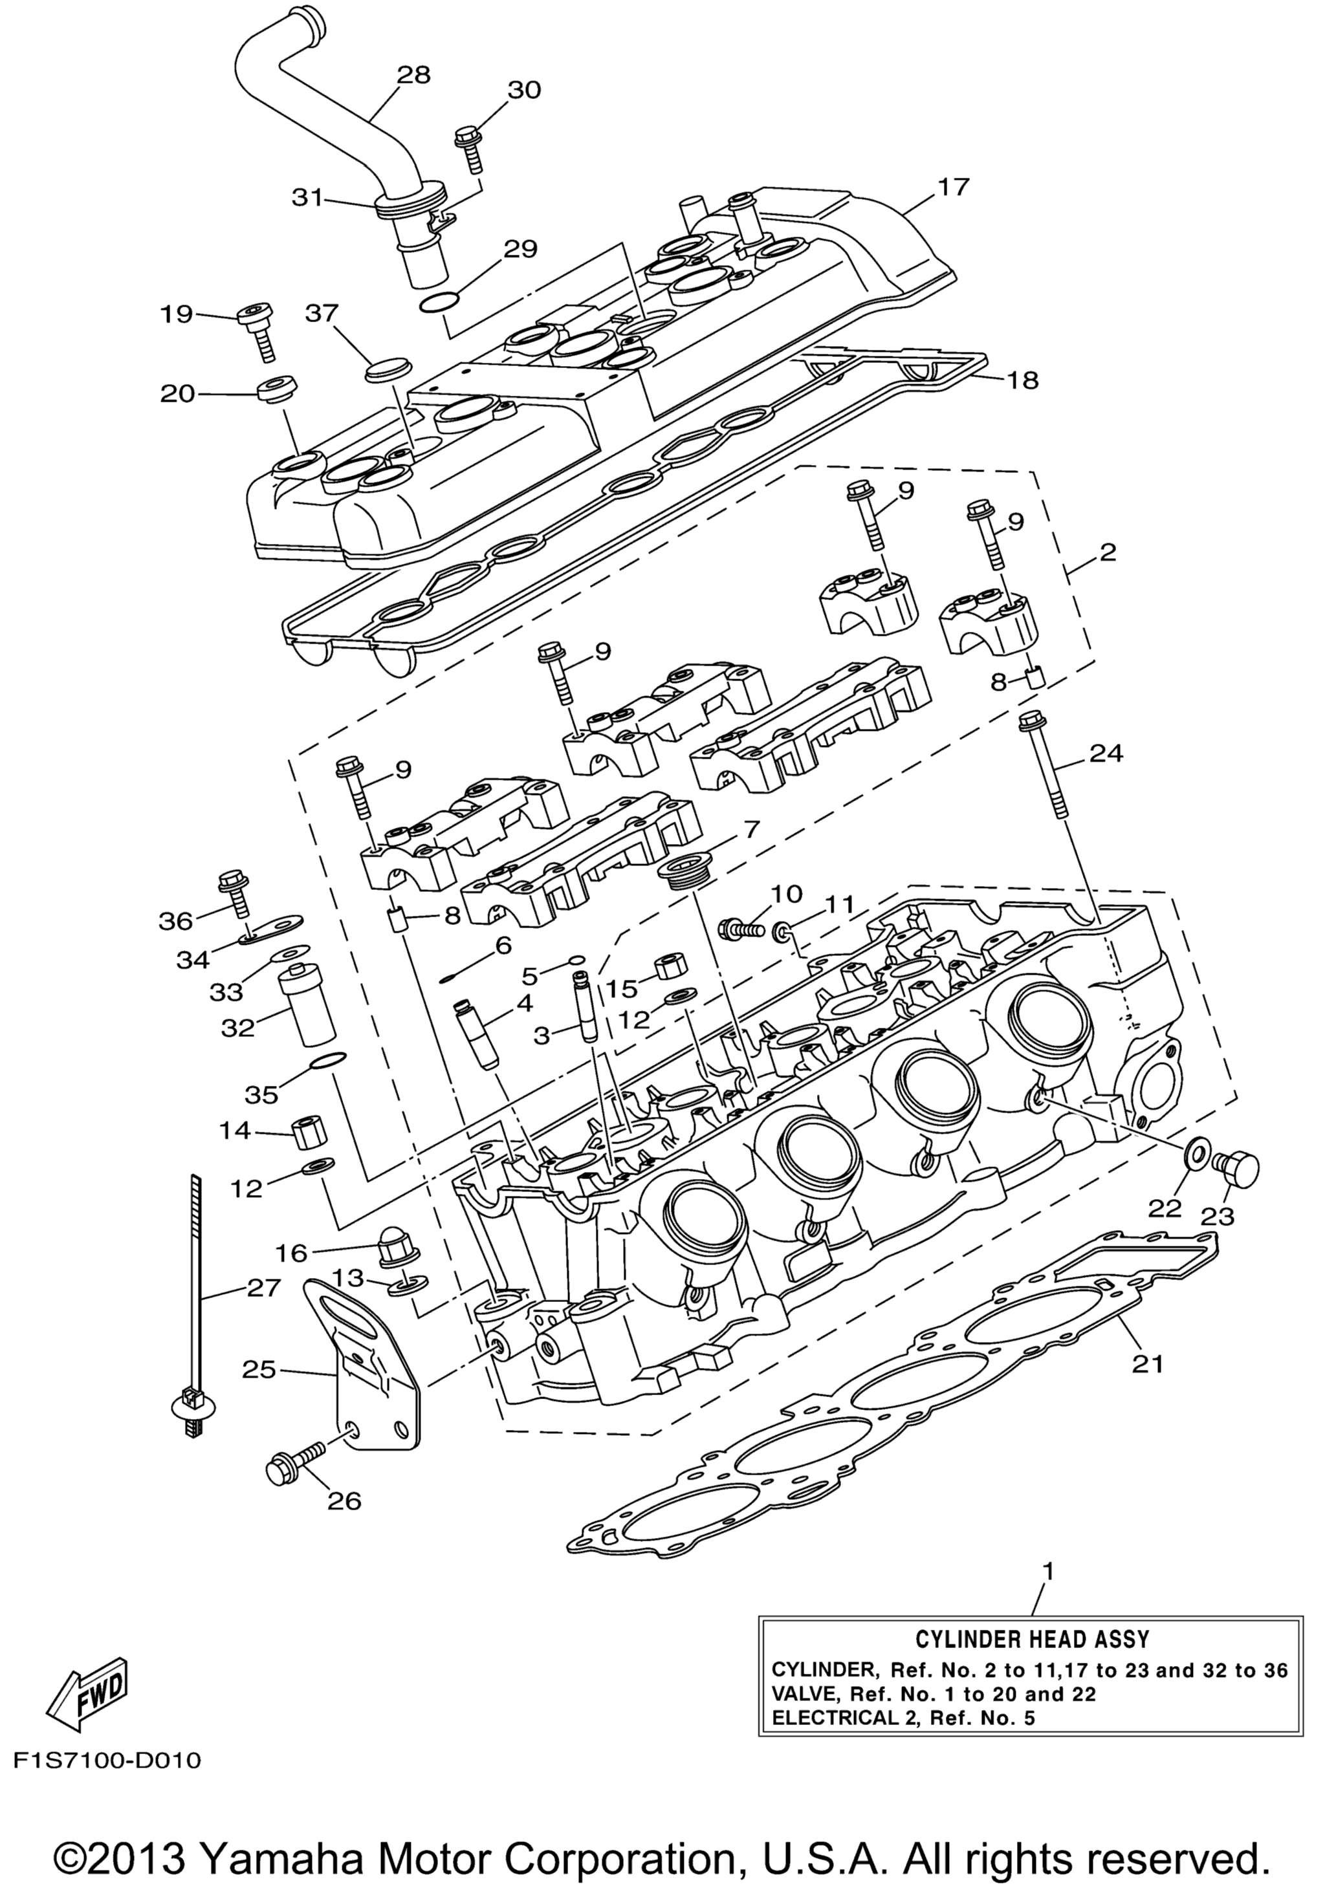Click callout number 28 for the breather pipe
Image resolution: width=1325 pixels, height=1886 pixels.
coord(413,75)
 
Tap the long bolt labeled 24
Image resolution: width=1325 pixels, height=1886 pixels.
coord(1044,764)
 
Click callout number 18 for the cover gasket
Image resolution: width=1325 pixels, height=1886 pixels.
coord(1023,380)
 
